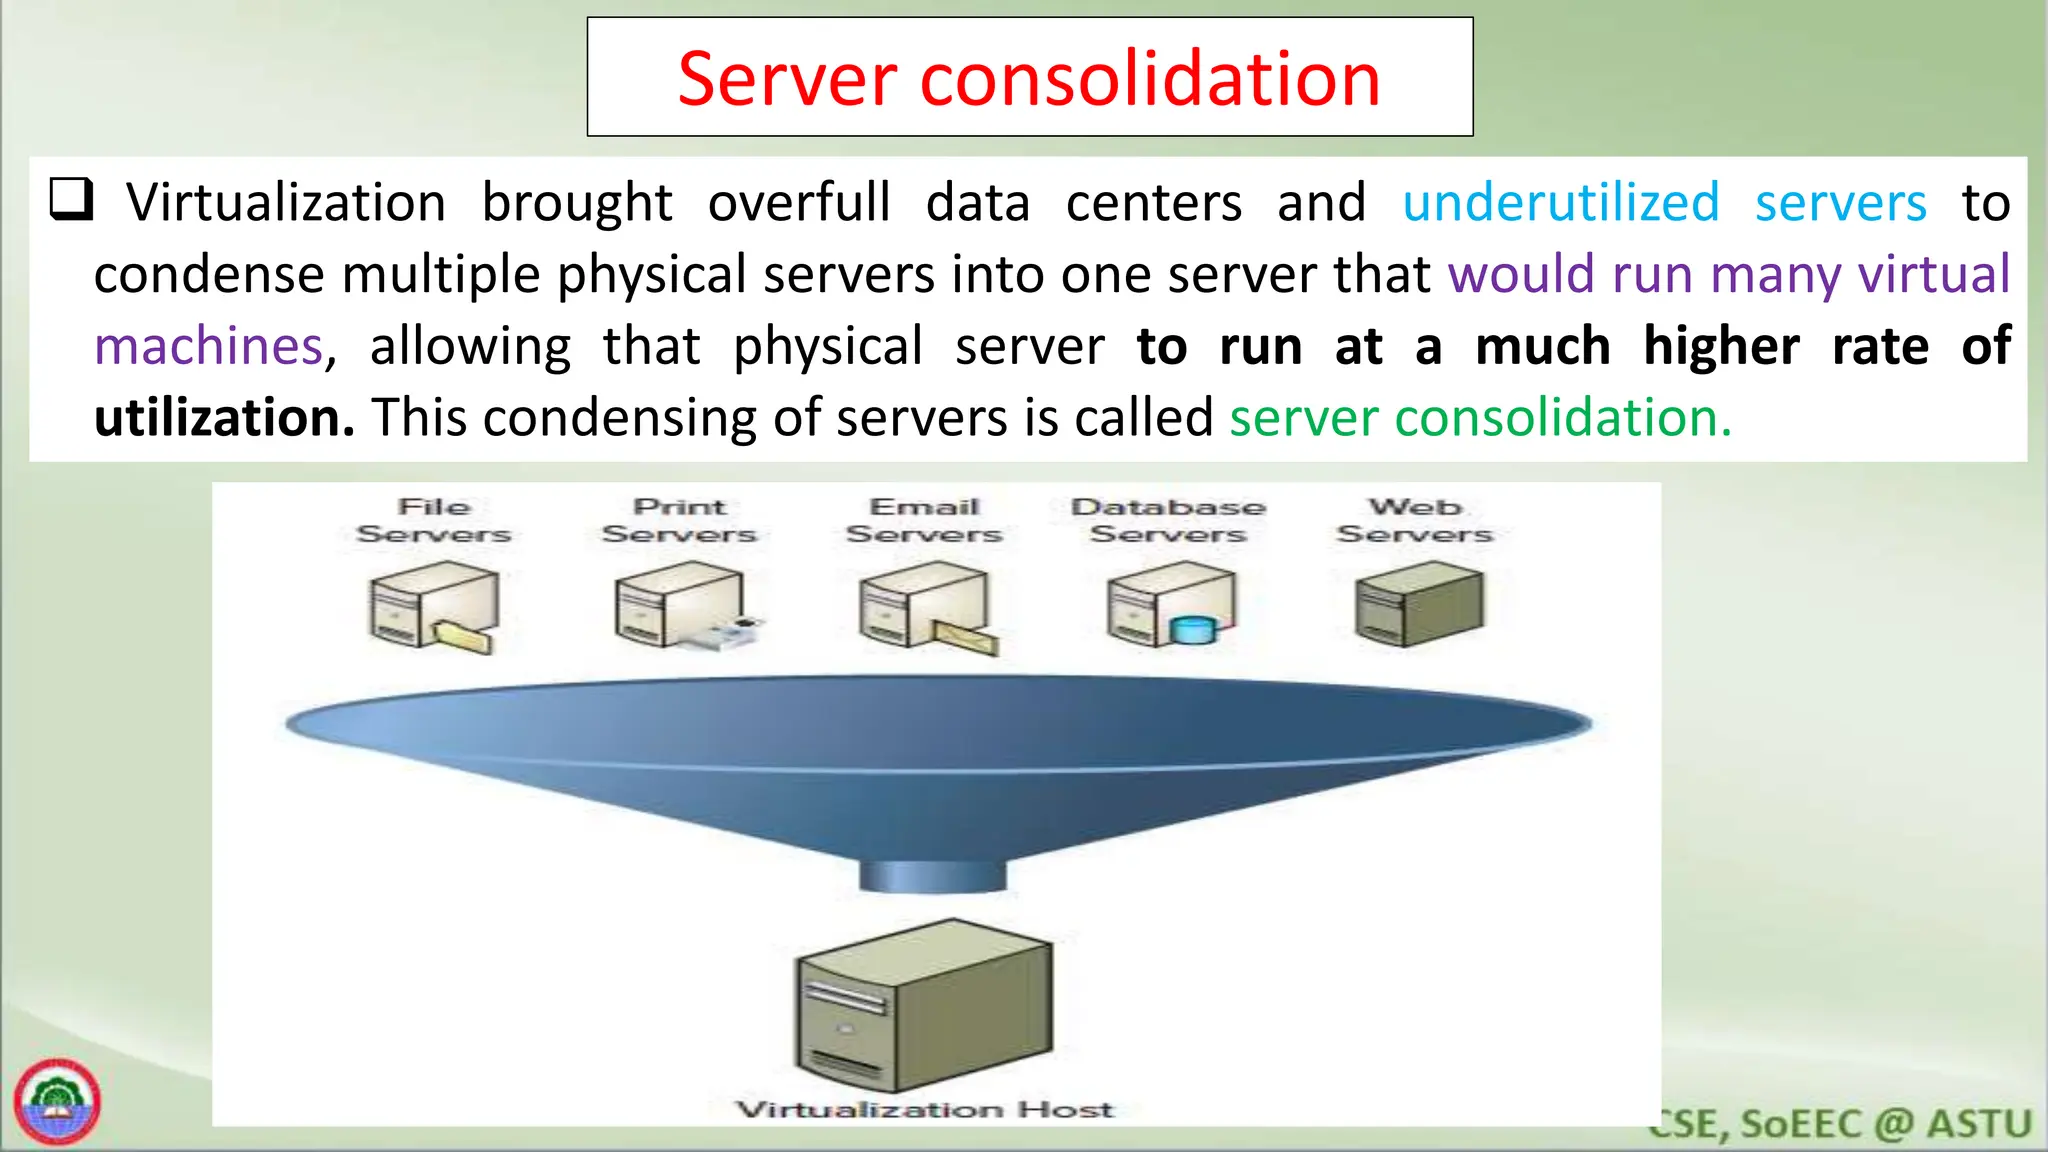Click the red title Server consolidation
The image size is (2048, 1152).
1029,78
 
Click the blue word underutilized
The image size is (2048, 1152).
1561,203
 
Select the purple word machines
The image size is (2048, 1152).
209,347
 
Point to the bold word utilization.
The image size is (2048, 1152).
224,418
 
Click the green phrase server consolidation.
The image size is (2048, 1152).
1480,418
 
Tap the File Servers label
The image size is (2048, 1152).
434,520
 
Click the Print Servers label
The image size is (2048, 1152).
679,520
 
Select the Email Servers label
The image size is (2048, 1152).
924,520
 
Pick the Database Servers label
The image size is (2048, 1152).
1168,520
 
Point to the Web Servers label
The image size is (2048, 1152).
1414,520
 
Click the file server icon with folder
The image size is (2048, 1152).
433,607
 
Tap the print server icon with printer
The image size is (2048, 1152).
680,607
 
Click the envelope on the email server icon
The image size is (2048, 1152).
965,636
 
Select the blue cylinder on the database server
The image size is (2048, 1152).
1193,630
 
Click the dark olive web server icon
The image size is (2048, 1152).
1419,604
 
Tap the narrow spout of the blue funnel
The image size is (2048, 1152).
932,875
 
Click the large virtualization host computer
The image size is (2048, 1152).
923,1006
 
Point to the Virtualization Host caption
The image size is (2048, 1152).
924,1109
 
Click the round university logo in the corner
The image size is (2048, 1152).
58,1102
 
